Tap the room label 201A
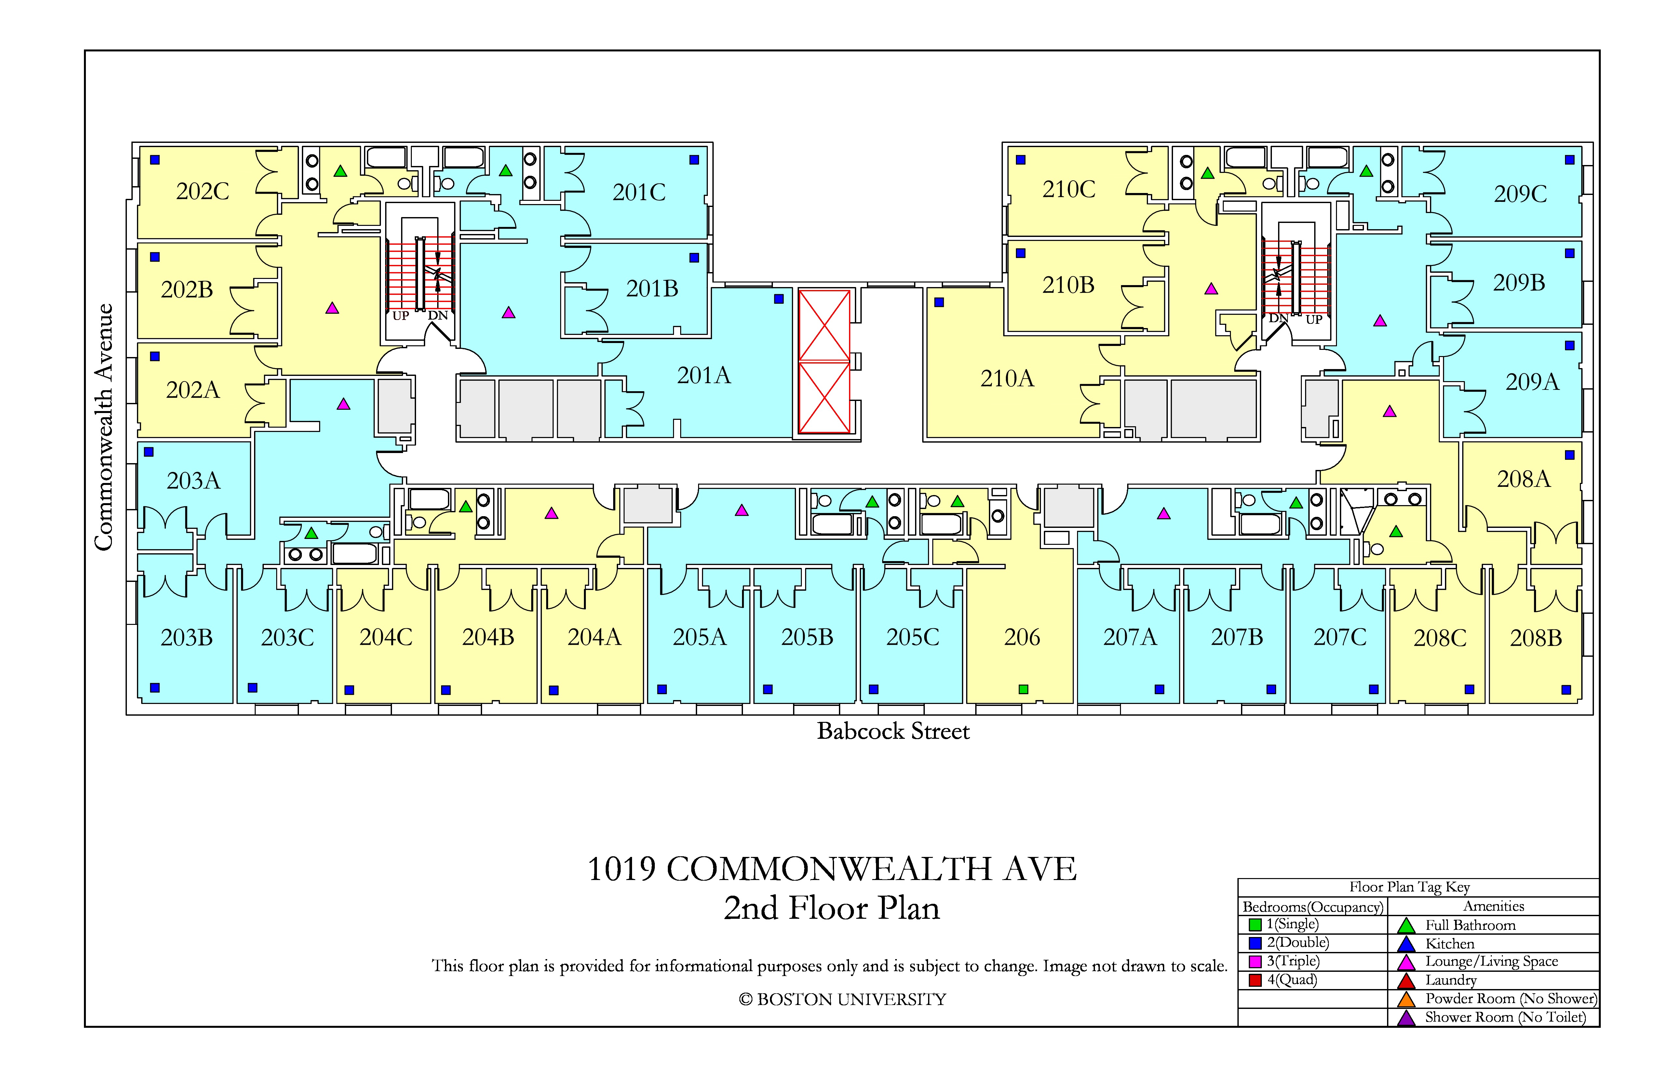coord(704,375)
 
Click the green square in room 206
coord(1023,689)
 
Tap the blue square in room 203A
coord(148,452)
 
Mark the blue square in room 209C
coord(1570,160)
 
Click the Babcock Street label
coord(893,731)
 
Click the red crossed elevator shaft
coord(824,361)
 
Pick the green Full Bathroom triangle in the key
coord(1406,926)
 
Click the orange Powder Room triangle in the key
coord(1406,999)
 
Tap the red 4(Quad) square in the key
coord(1255,980)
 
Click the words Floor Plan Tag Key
coord(1409,887)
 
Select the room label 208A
coord(1524,479)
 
